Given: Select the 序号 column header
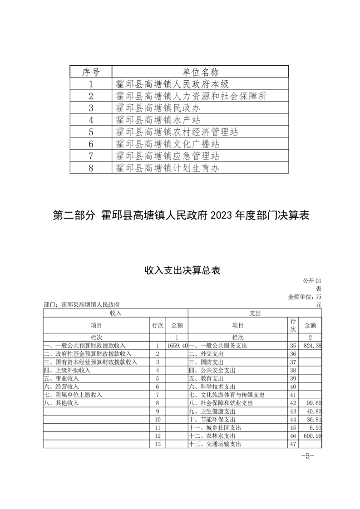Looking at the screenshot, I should point(90,72).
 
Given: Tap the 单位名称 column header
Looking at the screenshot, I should point(200,72).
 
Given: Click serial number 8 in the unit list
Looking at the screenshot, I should point(91,168).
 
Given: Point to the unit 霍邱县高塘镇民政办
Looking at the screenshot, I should point(158,108).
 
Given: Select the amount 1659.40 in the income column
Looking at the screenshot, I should point(177,346).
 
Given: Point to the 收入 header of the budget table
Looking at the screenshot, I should point(115,313).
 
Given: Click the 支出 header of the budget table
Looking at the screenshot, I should point(256,313).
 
